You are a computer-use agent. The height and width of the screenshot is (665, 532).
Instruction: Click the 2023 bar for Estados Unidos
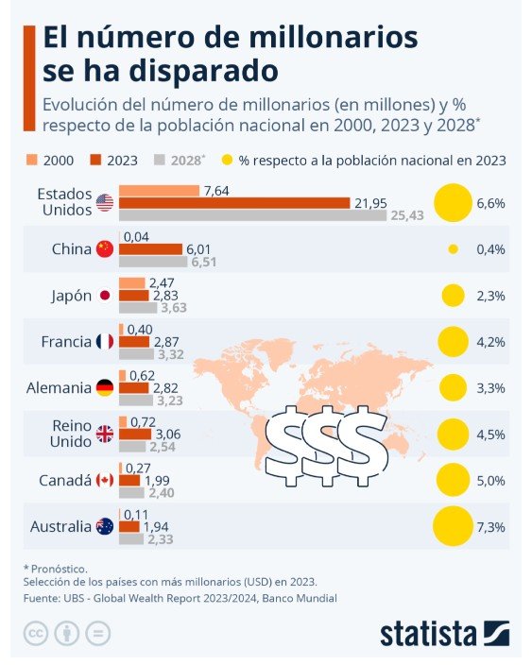click(234, 203)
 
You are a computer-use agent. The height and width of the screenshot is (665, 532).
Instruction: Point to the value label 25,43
click(406, 215)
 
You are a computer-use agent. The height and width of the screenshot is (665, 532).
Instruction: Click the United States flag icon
click(104, 203)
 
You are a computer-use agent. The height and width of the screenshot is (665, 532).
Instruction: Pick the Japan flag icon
click(104, 296)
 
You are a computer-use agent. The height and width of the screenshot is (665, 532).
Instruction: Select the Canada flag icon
click(104, 481)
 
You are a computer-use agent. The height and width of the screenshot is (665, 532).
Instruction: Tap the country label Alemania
click(58, 388)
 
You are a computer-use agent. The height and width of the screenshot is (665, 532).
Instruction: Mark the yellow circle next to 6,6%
click(452, 203)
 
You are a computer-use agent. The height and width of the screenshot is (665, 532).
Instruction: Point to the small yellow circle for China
click(453, 249)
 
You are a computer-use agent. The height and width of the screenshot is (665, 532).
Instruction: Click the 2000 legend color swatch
click(30, 160)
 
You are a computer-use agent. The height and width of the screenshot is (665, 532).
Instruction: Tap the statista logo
click(444, 633)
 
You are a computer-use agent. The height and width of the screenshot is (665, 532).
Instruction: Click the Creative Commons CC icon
click(35, 633)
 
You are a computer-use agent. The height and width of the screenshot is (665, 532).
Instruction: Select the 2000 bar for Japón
click(131, 283)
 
